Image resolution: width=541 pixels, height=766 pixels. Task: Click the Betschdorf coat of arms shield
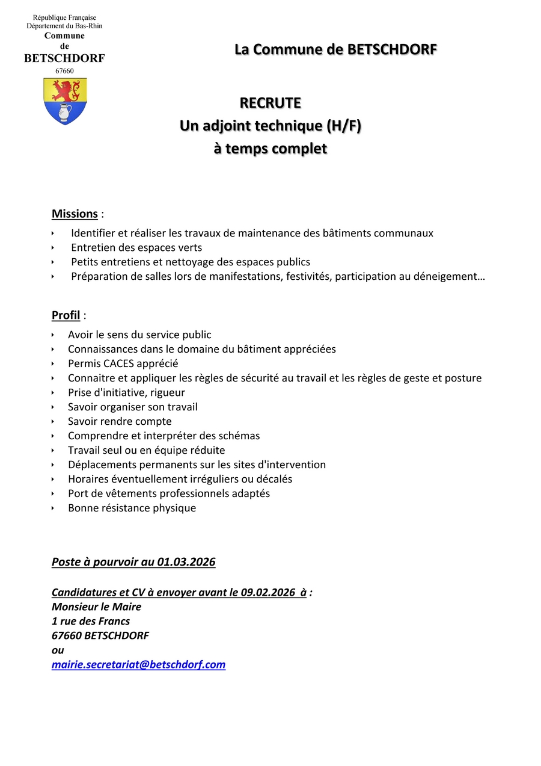(65, 101)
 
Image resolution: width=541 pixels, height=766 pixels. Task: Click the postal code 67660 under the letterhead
(64, 71)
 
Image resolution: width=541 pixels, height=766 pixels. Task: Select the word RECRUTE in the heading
(270, 103)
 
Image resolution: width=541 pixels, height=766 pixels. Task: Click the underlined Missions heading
(75, 214)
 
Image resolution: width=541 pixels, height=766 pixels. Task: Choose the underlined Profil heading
(66, 315)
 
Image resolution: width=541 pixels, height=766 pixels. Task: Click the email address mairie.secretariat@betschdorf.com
(138, 664)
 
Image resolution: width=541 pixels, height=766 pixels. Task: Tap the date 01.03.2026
(186, 562)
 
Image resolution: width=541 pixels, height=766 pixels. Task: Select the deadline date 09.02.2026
(268, 592)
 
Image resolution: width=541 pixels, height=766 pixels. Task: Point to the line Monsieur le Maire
(96, 607)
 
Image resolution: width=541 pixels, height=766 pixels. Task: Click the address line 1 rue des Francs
(91, 621)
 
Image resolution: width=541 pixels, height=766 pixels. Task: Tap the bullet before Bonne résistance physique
(53, 508)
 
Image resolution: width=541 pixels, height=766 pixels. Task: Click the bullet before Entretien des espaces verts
(53, 247)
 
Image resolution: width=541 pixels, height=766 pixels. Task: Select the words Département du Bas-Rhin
(64, 26)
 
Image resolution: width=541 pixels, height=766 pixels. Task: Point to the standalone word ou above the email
(58, 650)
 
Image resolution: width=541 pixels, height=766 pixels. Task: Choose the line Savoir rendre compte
(120, 421)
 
